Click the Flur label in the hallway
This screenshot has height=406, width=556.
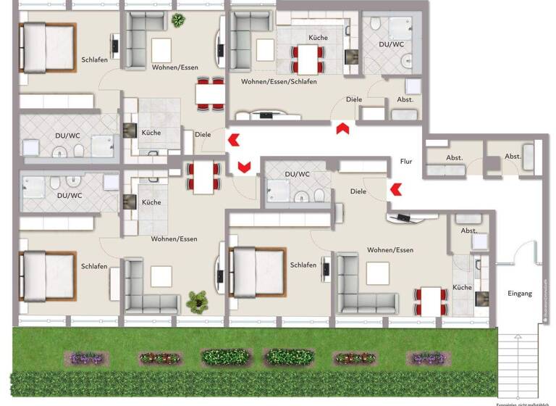(x=405, y=161)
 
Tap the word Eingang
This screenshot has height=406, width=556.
(x=519, y=294)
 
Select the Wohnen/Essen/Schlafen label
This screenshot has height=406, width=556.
(x=279, y=82)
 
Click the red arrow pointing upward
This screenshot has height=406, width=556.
(x=342, y=128)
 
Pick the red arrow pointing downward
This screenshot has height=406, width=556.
(x=245, y=167)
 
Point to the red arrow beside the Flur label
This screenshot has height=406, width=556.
(x=395, y=191)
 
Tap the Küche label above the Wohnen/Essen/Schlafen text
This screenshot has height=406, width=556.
(x=318, y=37)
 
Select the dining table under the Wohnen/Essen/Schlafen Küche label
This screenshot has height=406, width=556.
(x=309, y=55)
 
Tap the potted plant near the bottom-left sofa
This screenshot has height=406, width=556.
(x=196, y=299)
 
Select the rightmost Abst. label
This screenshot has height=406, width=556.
(x=513, y=157)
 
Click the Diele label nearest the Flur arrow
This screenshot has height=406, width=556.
(x=358, y=191)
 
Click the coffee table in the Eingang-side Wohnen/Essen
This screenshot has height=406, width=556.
(x=377, y=273)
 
